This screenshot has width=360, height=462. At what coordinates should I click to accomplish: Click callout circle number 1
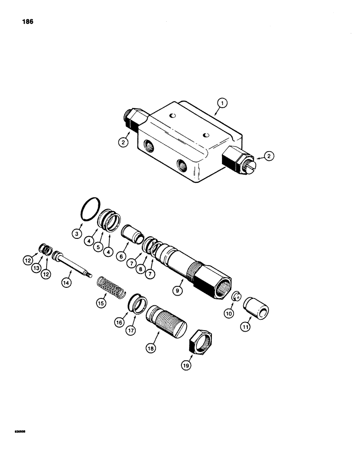click(x=222, y=104)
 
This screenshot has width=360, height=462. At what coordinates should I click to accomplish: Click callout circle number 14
click(x=66, y=281)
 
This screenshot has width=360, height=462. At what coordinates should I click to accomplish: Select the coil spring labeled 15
click(x=111, y=287)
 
